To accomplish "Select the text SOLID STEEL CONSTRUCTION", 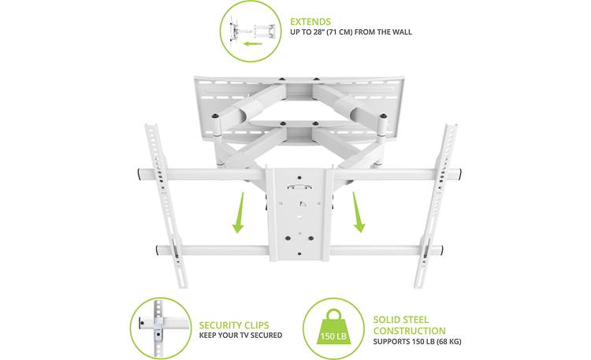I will [x=409, y=325].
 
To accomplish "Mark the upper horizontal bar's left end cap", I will [x=139, y=173].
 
